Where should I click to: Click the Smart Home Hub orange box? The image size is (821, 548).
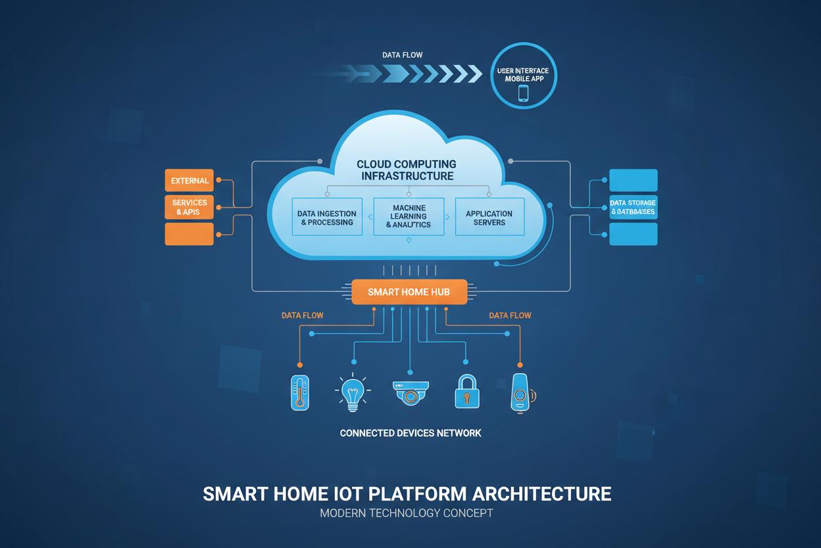[409, 292]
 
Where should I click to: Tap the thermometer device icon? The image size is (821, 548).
[300, 393]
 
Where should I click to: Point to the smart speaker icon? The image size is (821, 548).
[520, 393]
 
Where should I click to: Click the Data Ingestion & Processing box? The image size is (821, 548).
[327, 217]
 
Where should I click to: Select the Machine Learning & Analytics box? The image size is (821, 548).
[409, 217]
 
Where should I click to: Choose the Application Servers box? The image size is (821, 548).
[489, 217]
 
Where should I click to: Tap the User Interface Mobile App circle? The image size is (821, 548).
[523, 76]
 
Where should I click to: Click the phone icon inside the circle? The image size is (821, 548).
[524, 93]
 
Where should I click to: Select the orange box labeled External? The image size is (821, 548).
[189, 180]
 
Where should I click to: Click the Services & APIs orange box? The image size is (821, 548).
[189, 207]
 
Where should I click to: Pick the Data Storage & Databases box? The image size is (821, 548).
[633, 207]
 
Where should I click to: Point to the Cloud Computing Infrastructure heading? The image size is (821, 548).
[407, 170]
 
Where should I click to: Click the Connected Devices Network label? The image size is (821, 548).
[410, 433]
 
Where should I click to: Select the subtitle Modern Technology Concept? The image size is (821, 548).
[407, 513]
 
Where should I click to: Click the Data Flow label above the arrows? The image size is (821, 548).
[402, 55]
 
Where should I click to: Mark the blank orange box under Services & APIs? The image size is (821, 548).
[189, 234]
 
